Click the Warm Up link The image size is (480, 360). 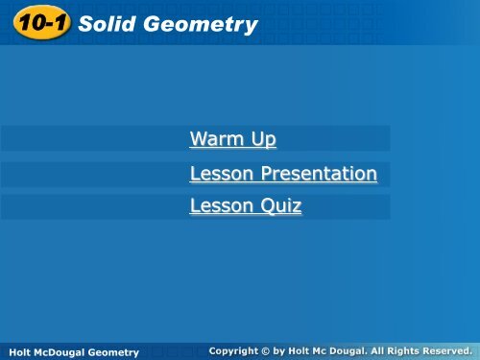click(x=233, y=140)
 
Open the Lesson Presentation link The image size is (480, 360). click(x=283, y=174)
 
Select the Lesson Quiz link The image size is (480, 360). click(x=246, y=205)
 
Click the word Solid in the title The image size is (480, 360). click(x=106, y=25)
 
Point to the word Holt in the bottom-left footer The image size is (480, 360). click(x=16, y=352)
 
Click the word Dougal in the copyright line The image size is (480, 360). click(x=338, y=351)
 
